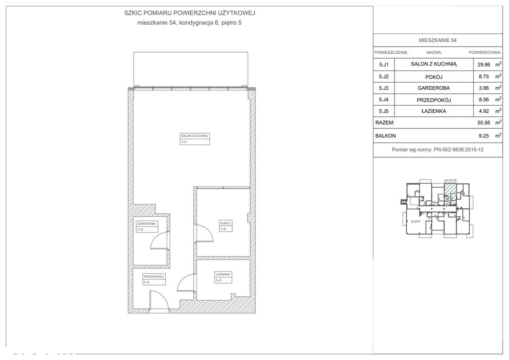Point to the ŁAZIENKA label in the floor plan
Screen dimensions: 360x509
coord(223,274)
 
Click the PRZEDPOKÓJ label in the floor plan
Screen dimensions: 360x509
coord(154,276)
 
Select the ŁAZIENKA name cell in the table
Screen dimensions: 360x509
coord(433,111)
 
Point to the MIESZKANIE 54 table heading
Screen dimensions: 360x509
coord(437,41)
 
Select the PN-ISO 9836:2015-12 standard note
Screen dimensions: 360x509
coord(437,150)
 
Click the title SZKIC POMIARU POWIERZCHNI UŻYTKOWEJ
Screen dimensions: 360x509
coord(190,13)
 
